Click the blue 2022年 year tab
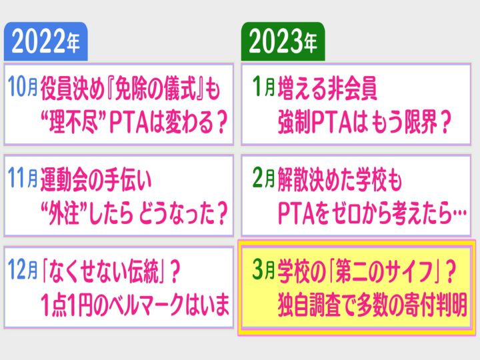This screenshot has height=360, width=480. (x=45, y=41)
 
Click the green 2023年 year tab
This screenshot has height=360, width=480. (x=283, y=41)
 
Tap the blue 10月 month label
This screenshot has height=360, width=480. (x=23, y=87)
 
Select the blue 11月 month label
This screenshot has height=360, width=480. (x=23, y=178)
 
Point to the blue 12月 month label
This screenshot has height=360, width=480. (x=23, y=270)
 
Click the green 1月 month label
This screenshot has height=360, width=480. (x=264, y=87)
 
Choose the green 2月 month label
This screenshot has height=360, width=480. (x=264, y=178)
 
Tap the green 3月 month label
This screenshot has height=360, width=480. (x=264, y=270)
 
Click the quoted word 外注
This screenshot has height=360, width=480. (x=65, y=214)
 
